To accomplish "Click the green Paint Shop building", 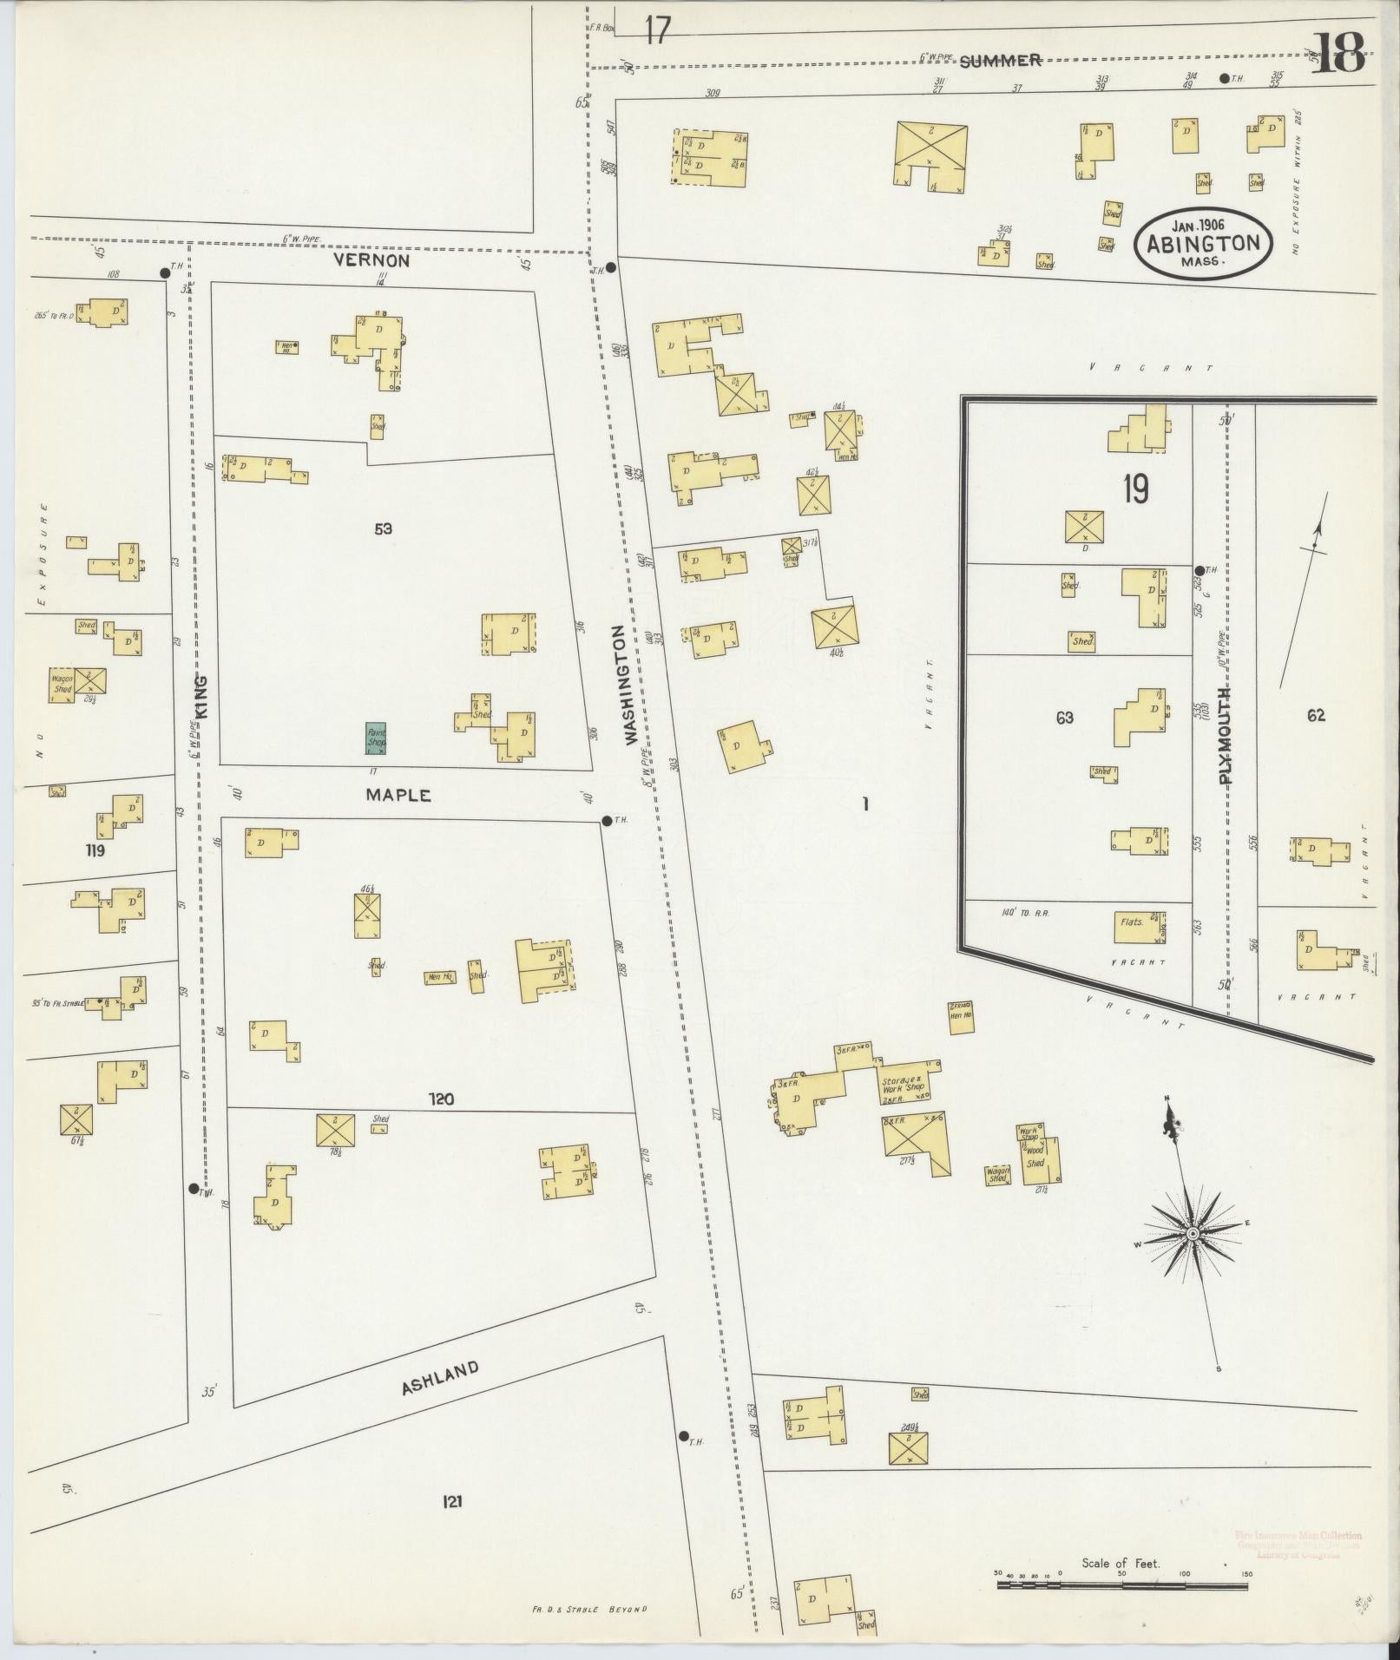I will pyautogui.click(x=376, y=738).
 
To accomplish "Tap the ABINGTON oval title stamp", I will pyautogui.click(x=1202, y=243).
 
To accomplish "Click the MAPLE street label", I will pyautogui.click(x=398, y=794).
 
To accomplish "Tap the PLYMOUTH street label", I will pyautogui.click(x=1226, y=734).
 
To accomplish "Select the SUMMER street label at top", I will pyautogui.click(x=1001, y=60).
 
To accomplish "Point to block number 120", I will pyautogui.click(x=441, y=1099).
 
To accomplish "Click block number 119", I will pyautogui.click(x=95, y=850).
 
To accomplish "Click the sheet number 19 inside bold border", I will pyautogui.click(x=1135, y=490).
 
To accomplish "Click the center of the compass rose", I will pyautogui.click(x=1193, y=1233).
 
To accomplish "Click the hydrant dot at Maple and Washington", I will pyautogui.click(x=607, y=821).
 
